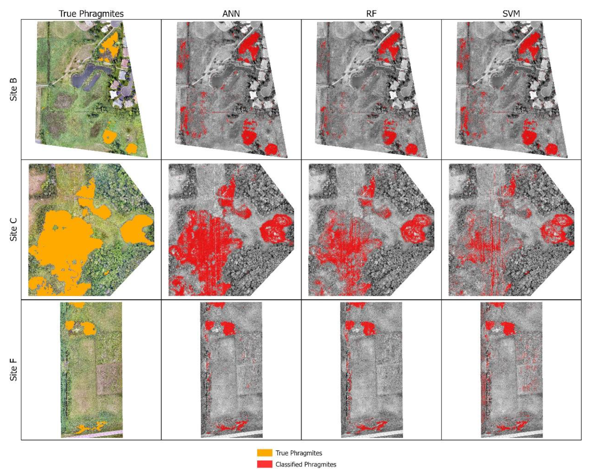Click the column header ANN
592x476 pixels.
click(x=231, y=14)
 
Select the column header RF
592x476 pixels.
click(x=371, y=14)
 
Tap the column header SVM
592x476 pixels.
click(x=511, y=14)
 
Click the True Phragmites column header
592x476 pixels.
click(x=91, y=14)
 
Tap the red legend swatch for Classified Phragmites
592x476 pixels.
click(x=264, y=465)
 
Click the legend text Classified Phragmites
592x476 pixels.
click(x=306, y=465)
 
